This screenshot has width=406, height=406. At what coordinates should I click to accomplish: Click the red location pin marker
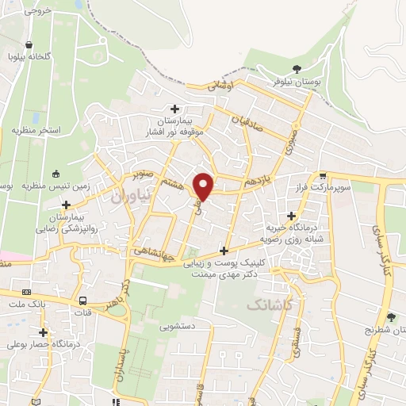pos(204,186)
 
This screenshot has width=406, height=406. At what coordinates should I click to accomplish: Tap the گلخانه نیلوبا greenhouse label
pos(30,56)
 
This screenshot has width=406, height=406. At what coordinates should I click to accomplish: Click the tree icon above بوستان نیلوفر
pos(297,68)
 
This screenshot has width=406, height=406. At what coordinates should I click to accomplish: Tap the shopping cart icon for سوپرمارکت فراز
pos(323,176)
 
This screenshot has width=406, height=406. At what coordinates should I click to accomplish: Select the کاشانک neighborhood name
pos(268,304)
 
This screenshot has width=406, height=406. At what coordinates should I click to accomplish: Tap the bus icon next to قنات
pos(82,301)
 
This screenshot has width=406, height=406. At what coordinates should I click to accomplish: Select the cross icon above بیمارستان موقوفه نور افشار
pos(175,109)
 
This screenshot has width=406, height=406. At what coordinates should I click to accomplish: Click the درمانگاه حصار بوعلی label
pos(44,344)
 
